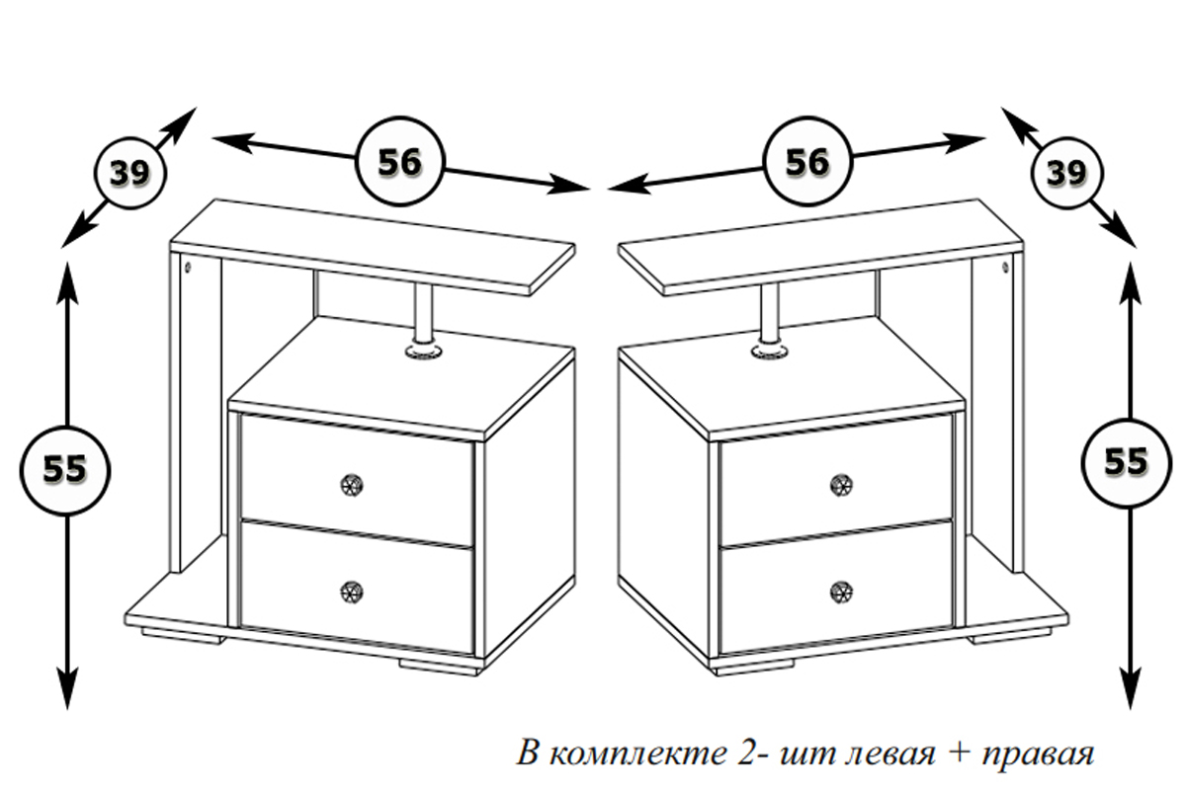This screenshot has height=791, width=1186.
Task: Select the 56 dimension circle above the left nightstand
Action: pyautogui.click(x=399, y=162)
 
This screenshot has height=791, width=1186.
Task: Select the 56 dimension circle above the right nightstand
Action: pyautogui.click(x=807, y=162)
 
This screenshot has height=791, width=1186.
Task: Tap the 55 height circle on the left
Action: pyautogui.click(x=65, y=469)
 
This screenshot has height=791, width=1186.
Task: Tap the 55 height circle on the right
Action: pyautogui.click(x=1126, y=461)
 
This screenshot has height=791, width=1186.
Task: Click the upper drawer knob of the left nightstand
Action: pyautogui.click(x=351, y=484)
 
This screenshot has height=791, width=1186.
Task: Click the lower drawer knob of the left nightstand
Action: pyautogui.click(x=351, y=592)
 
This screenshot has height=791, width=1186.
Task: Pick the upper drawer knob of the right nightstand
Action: pyautogui.click(x=840, y=485)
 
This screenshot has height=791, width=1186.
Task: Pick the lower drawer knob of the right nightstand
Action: pyautogui.click(x=840, y=592)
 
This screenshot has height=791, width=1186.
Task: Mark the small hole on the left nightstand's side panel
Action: pyautogui.click(x=188, y=267)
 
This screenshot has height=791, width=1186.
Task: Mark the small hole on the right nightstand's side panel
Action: pyautogui.click(x=1005, y=268)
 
